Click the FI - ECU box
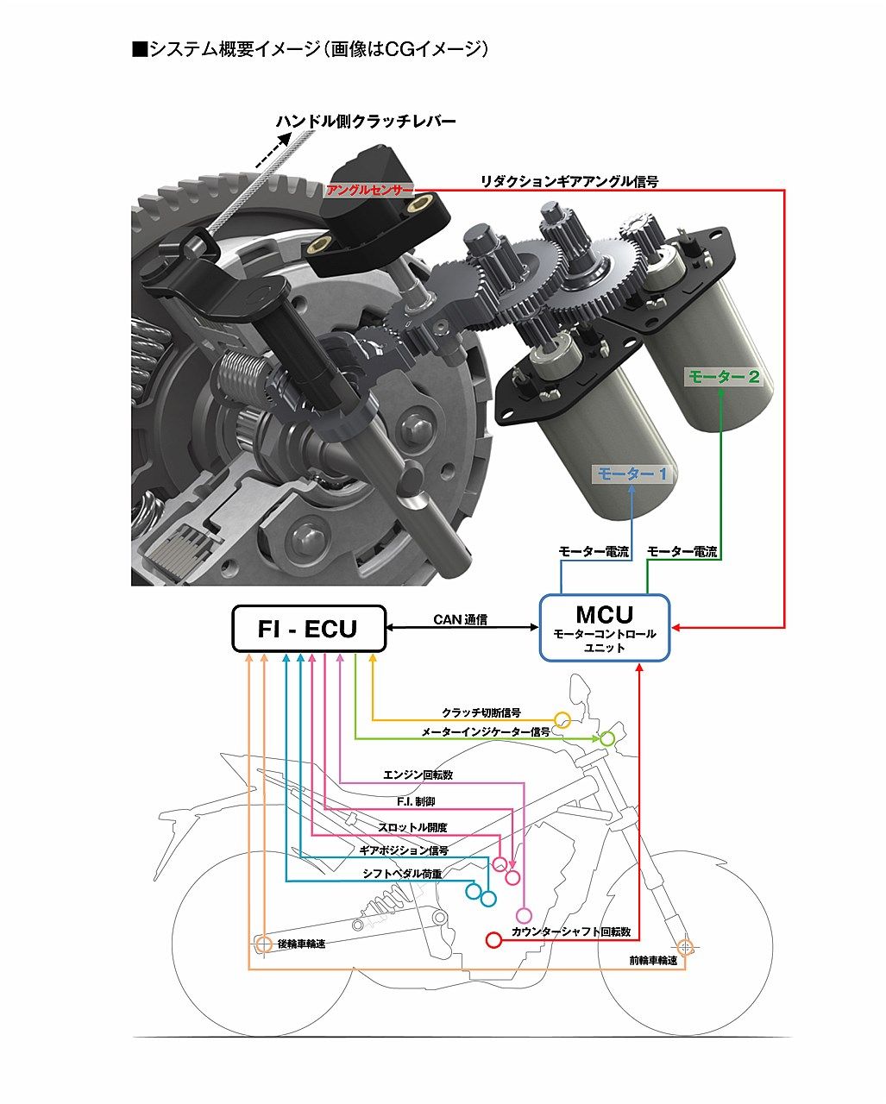click(308, 628)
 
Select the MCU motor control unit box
click(604, 627)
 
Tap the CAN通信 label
click(460, 618)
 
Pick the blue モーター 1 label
click(632, 473)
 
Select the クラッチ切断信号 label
click(481, 712)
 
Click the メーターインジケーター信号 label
click(486, 732)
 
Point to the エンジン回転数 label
click(418, 775)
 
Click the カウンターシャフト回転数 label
click(571, 932)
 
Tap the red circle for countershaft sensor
click(494, 939)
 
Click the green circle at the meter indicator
click(607, 738)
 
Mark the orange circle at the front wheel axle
click(686, 947)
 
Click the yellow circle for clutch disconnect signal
click(562, 719)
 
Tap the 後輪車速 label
click(301, 944)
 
